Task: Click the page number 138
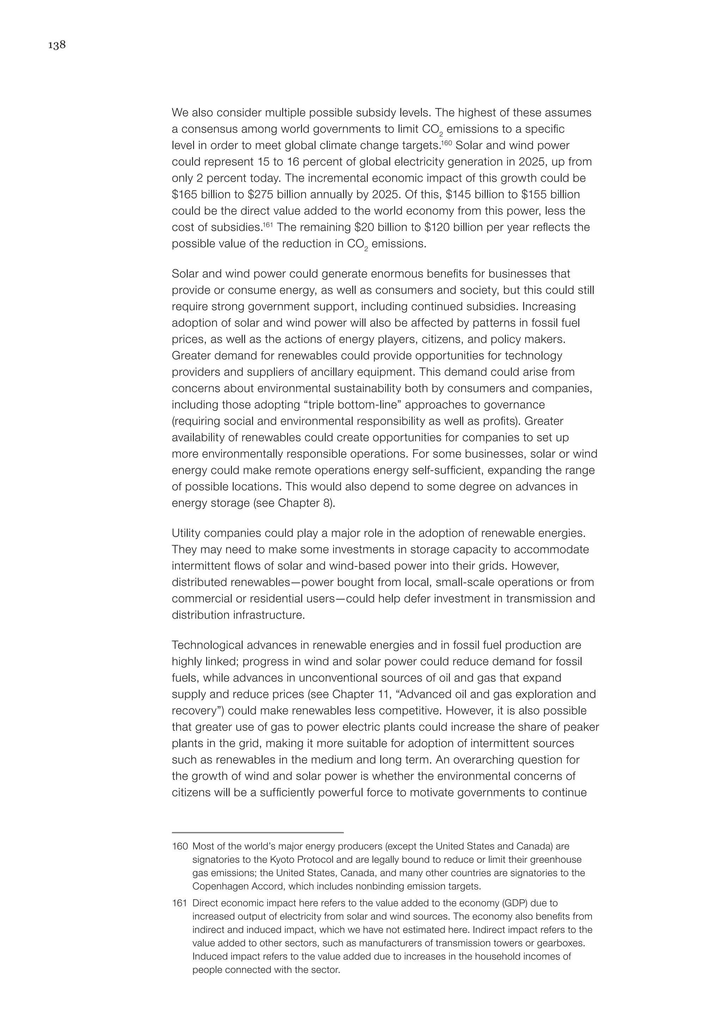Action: click(x=57, y=45)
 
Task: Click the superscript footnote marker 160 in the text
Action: click(x=446, y=143)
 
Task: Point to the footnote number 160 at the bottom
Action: click(x=179, y=846)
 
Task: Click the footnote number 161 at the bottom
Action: click(x=179, y=903)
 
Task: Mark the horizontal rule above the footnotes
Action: click(x=257, y=832)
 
